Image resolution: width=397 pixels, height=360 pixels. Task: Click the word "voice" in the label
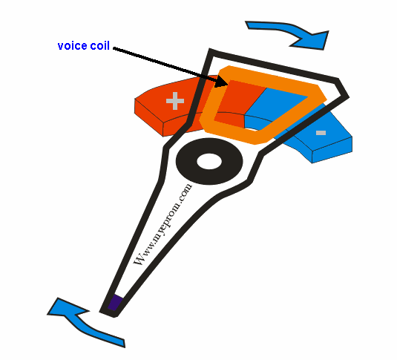pos(73,46)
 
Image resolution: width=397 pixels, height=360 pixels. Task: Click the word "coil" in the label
pos(100,45)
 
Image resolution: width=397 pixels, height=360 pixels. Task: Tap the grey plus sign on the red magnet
pos(175,101)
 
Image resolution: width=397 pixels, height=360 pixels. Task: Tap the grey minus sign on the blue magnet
pos(321,133)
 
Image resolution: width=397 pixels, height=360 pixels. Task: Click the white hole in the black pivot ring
pos(209,161)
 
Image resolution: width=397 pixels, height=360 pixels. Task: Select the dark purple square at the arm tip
pos(115,303)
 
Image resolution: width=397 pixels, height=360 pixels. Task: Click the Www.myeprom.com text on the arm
pos(163,225)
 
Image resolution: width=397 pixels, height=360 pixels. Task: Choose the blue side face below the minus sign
pos(332,150)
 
